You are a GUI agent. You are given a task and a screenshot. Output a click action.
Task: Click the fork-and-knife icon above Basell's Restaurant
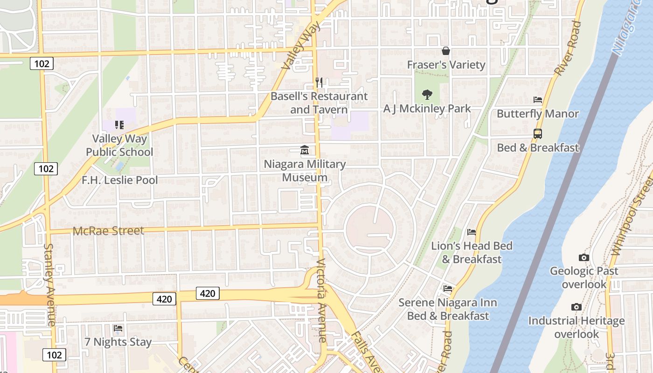(319, 83)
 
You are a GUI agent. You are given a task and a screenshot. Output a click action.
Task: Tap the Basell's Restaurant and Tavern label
(319, 103)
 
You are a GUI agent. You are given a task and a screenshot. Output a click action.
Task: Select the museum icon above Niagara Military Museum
(305, 150)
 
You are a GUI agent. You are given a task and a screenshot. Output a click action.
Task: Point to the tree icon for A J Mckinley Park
(427, 95)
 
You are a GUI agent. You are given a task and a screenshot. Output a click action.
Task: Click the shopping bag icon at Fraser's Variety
(446, 51)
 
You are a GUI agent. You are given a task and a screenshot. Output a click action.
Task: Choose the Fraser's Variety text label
(446, 65)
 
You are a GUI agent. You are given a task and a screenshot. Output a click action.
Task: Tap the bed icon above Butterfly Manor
(538, 100)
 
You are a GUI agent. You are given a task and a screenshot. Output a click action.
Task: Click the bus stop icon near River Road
(538, 134)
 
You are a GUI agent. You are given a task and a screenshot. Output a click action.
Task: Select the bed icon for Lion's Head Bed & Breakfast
(472, 232)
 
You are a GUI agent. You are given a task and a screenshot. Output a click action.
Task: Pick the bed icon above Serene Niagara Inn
(448, 289)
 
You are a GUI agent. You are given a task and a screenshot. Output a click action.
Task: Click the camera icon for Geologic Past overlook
(584, 257)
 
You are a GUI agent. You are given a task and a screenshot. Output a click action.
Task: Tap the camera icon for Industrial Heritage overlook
(577, 307)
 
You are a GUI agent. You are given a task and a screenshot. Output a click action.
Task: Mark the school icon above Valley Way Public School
(119, 124)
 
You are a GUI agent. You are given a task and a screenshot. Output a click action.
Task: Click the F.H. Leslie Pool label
(120, 180)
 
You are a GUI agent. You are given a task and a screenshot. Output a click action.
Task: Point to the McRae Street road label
(108, 231)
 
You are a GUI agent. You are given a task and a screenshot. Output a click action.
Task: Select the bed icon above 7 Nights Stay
(118, 328)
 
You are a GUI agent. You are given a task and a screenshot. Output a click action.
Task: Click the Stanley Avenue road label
(50, 284)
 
